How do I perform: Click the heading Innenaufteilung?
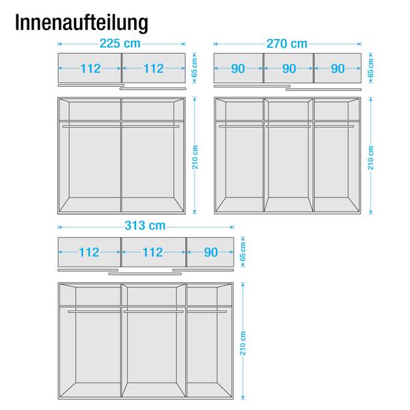[x=81, y=23]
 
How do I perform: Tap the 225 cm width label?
[x=120, y=44]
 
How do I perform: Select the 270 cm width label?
[x=287, y=44]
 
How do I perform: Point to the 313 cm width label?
[x=145, y=225]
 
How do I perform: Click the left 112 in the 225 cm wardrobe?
[x=90, y=68]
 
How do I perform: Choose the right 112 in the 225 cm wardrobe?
[x=154, y=68]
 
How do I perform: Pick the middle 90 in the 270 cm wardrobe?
[x=289, y=69]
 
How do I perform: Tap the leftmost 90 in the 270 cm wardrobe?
[x=238, y=69]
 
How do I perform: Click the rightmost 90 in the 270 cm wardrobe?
[x=338, y=69]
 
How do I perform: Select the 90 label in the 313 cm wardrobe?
[x=210, y=252]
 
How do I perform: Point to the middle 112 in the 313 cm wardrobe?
[x=152, y=252]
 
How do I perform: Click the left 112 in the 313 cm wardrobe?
[x=89, y=252]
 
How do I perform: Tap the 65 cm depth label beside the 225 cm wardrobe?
[x=195, y=68]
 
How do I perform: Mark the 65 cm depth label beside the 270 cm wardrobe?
[x=371, y=68]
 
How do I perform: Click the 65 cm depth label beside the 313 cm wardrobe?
[x=243, y=251]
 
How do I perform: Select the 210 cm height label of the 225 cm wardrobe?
[x=195, y=157]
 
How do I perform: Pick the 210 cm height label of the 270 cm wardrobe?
[x=371, y=158]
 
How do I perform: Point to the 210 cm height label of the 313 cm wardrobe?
[x=243, y=343]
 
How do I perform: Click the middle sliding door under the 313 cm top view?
[x=145, y=274]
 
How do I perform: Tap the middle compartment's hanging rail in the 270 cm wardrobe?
[x=288, y=126]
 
